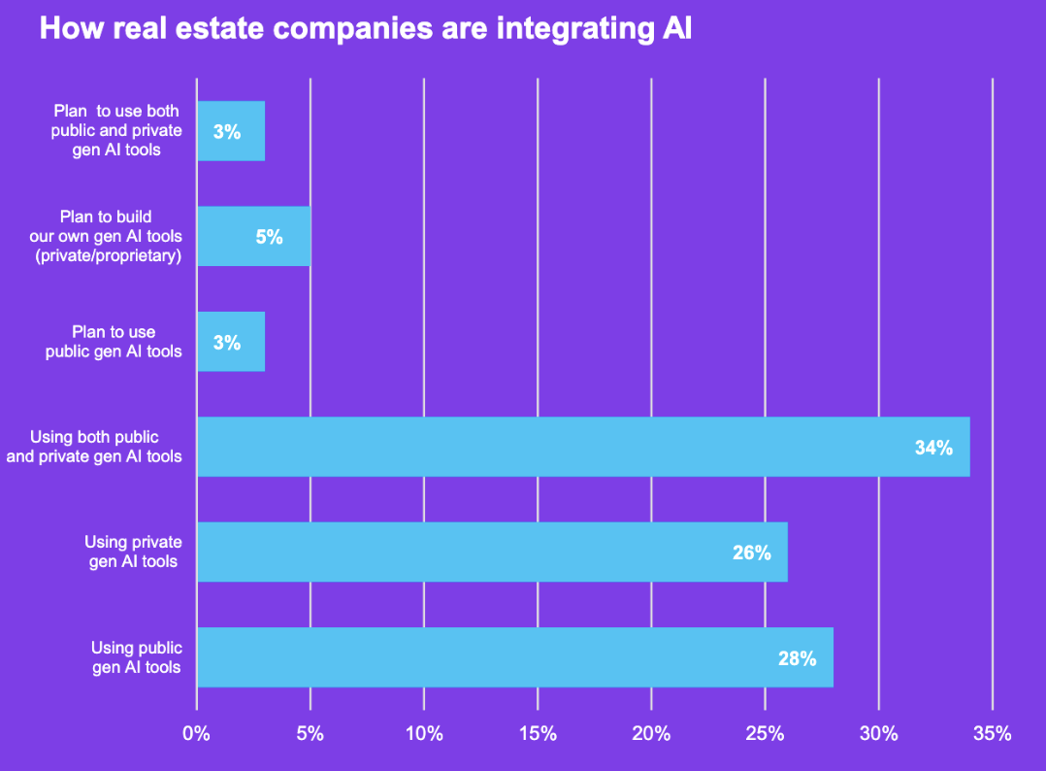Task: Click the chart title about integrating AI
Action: tap(365, 29)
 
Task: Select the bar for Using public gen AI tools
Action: tap(514, 657)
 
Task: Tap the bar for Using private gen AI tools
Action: tap(492, 553)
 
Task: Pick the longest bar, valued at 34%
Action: tap(582, 447)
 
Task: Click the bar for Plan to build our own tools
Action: tap(253, 236)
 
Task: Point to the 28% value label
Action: tap(797, 658)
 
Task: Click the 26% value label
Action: tap(752, 553)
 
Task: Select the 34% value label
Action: tap(933, 448)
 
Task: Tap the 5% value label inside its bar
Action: tap(270, 236)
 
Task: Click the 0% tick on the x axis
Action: tap(197, 734)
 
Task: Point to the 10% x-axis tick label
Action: tap(424, 734)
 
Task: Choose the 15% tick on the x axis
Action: tap(538, 734)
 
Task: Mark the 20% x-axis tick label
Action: tap(651, 734)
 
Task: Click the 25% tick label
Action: tap(765, 734)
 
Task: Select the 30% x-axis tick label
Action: tap(878, 734)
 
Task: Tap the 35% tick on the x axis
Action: tap(992, 734)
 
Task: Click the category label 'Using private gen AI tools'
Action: tap(133, 552)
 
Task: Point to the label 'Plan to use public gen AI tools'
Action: tap(114, 342)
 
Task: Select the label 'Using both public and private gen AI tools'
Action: tap(94, 447)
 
